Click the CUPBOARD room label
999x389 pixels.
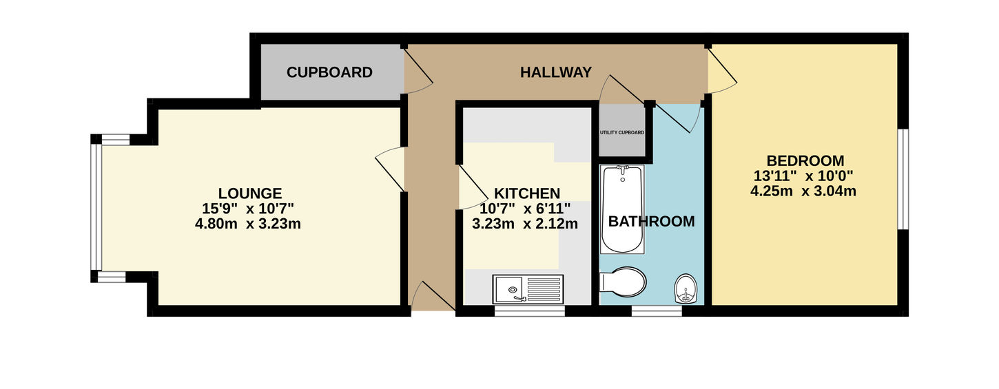pyautogui.click(x=329, y=72)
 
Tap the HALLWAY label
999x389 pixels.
pyautogui.click(x=556, y=72)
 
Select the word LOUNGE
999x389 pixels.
pyautogui.click(x=249, y=193)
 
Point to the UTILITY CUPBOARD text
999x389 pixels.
pyautogui.click(x=621, y=133)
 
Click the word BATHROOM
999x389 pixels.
pyautogui.click(x=651, y=222)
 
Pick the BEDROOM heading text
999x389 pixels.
pyautogui.click(x=805, y=160)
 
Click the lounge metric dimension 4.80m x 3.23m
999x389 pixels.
pyautogui.click(x=248, y=224)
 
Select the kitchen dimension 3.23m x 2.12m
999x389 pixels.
pyautogui.click(x=525, y=224)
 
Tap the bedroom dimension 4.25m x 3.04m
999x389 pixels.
pyautogui.click(x=803, y=191)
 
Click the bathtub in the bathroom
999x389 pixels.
pyautogui.click(x=622, y=209)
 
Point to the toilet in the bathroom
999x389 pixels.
pyautogui.click(x=623, y=281)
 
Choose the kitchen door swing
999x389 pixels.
pyautogui.click(x=473, y=187)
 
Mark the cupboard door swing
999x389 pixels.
pyautogui.click(x=418, y=72)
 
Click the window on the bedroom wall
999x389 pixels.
pyautogui.click(x=903, y=179)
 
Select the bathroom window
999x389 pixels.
pyautogui.click(x=657, y=311)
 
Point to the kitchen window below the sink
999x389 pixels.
pyautogui.click(x=530, y=311)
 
